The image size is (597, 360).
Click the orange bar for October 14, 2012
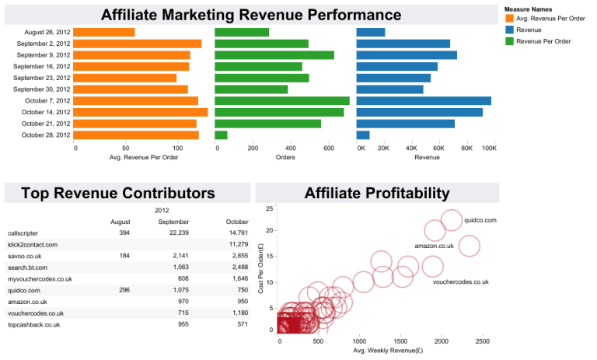[141, 112]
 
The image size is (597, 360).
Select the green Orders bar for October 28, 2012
[221, 135]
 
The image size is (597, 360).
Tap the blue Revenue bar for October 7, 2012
[423, 100]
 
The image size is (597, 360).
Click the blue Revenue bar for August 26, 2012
[370, 32]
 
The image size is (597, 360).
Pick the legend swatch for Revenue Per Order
[509, 40]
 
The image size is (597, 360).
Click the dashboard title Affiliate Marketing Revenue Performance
[251, 15]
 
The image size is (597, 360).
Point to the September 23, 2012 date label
[42, 78]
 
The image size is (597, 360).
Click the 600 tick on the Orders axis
[328, 148]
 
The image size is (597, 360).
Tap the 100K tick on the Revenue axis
[489, 148]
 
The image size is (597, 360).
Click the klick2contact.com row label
[33, 244]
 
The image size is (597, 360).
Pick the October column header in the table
[236, 222]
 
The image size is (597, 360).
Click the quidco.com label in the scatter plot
[480, 220]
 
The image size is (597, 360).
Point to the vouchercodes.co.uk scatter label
[460, 281]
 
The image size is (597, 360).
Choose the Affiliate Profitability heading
[377, 194]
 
